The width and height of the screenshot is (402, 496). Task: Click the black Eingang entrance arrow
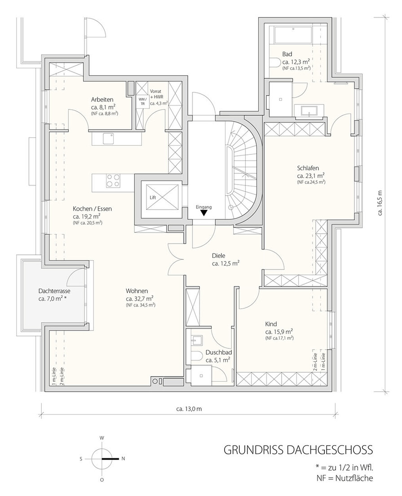204,213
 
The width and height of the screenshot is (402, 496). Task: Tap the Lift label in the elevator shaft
153,198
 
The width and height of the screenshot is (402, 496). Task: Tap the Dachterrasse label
54,291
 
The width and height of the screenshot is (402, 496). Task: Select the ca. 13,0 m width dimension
189,409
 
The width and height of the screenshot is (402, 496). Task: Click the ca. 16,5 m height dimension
380,203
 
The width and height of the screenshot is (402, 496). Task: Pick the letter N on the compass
123,458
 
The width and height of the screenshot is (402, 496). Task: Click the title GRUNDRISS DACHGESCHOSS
298,450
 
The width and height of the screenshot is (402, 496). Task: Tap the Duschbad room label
217,352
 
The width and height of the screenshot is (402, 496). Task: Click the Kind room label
271,324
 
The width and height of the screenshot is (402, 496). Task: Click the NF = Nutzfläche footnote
345,478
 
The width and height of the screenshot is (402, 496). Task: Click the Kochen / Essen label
92,209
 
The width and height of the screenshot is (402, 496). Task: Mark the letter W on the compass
102,438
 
